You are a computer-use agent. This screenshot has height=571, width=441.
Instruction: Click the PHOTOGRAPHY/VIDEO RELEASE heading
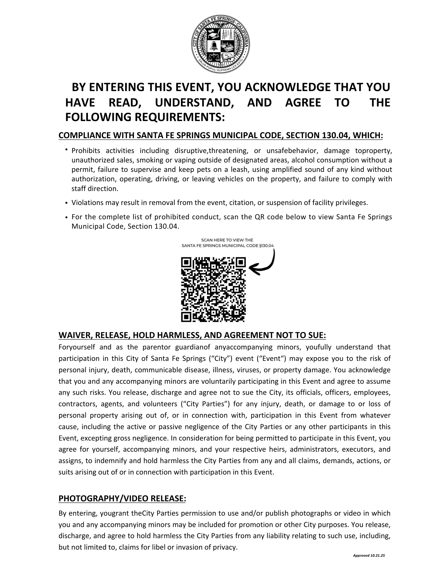coord(122,498)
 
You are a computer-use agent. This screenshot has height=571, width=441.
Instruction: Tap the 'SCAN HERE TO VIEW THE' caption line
coord(227,240)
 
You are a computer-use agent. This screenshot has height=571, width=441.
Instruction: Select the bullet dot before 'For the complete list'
coord(66,218)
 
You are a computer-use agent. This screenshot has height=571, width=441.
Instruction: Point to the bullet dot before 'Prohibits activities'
coord(66,149)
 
